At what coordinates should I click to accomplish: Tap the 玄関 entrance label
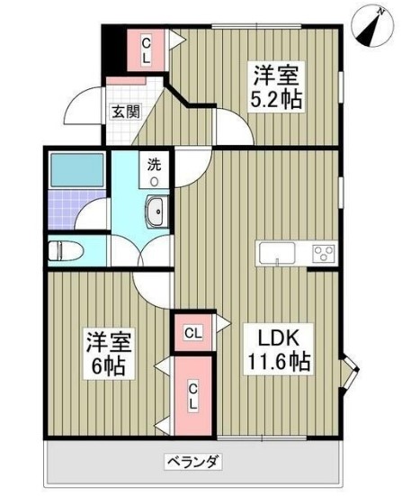tap(125, 113)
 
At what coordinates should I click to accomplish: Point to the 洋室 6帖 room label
tap(109, 354)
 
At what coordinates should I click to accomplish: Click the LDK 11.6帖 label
tap(280, 347)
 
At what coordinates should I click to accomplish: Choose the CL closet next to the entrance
tap(146, 47)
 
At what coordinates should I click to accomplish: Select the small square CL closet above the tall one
tap(192, 333)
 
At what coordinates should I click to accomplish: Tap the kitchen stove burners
tap(322, 252)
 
